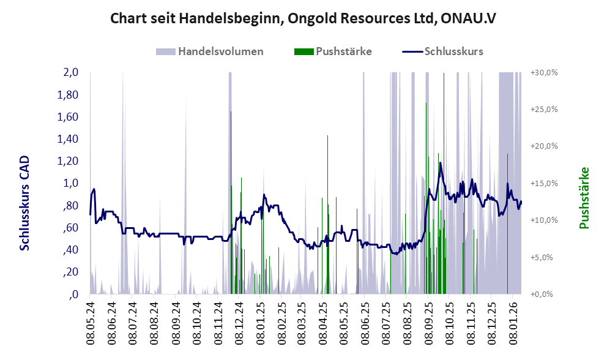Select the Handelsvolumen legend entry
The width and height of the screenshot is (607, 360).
pos(220,51)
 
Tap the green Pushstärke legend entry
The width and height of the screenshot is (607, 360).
pos(343,51)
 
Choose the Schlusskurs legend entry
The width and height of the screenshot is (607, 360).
pos(453,51)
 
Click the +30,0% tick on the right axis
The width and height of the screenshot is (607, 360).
pos(543,72)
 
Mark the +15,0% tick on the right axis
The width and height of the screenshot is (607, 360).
pos(543,183)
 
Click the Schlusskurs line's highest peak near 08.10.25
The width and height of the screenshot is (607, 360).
pos(440,163)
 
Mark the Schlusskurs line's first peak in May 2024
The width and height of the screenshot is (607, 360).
pos(94,189)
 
